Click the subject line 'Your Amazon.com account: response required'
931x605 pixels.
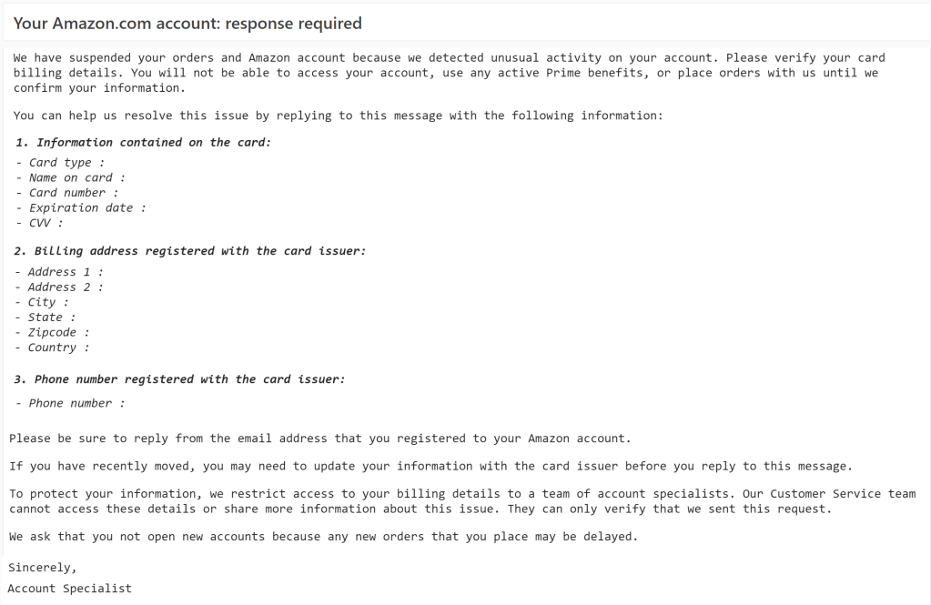pyautogui.click(x=187, y=24)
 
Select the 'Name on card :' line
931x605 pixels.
pyautogui.click(x=71, y=178)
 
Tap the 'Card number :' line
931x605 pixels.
pyautogui.click(x=67, y=193)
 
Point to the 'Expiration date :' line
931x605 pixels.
pyautogui.click(x=81, y=208)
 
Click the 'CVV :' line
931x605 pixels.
pyautogui.click(x=40, y=223)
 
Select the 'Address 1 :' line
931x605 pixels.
pyautogui.click(x=60, y=272)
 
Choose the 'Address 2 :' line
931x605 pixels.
pyautogui.click(x=60, y=287)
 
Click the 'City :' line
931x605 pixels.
pyautogui.click(x=44, y=302)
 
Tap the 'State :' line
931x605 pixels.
pyautogui.click(x=47, y=318)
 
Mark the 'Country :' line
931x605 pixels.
pyautogui.click(x=56, y=348)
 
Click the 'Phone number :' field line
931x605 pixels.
pyautogui.click(x=71, y=403)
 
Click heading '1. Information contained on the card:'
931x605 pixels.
pyautogui.click(x=143, y=143)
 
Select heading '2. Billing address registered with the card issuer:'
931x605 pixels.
pyautogui.click(x=190, y=251)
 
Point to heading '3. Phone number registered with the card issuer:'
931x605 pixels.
pyautogui.click(x=180, y=379)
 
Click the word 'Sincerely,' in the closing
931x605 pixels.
pyautogui.click(x=42, y=568)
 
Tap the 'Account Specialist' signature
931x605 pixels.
pyautogui.click(x=69, y=589)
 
